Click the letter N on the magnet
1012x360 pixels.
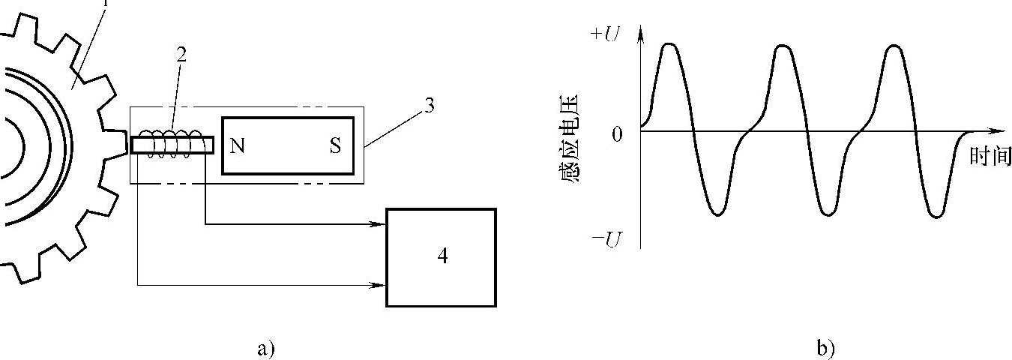pos(238,146)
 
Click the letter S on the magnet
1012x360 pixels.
pos(335,146)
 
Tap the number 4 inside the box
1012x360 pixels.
pos(442,256)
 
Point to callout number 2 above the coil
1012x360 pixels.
pos(181,54)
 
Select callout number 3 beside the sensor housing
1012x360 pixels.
pos(429,106)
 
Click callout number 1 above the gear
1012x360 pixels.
pos(106,3)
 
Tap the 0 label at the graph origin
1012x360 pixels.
pos(617,135)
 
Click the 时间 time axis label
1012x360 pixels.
pos(990,156)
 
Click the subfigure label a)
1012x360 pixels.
pos(266,349)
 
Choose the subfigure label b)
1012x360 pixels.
pos(825,349)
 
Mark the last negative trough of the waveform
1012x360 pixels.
pos(937,216)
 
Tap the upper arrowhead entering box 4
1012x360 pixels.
pos(380,223)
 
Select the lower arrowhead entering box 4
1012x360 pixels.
pos(380,285)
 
